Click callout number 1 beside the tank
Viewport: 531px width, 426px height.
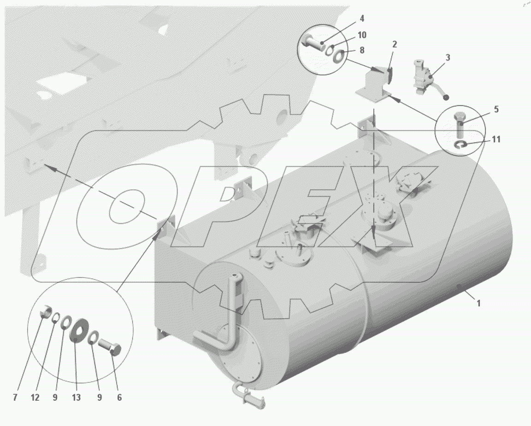pos(478,303)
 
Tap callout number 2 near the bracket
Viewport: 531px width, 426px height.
pos(395,44)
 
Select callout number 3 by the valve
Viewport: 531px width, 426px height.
pos(448,58)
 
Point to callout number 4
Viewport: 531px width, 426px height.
pos(362,18)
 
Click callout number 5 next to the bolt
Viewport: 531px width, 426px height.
pos(496,109)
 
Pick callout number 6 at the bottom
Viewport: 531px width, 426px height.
pos(119,397)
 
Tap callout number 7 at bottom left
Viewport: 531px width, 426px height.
pos(15,397)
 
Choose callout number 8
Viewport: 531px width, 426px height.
pos(362,50)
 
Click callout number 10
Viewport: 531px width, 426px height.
pos(362,35)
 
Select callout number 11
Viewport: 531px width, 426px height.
pos(496,139)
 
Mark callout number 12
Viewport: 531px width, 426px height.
pos(35,397)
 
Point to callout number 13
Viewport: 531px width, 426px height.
pos(76,397)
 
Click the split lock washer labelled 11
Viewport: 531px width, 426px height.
pos(460,145)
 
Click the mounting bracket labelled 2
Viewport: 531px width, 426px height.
pos(374,85)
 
